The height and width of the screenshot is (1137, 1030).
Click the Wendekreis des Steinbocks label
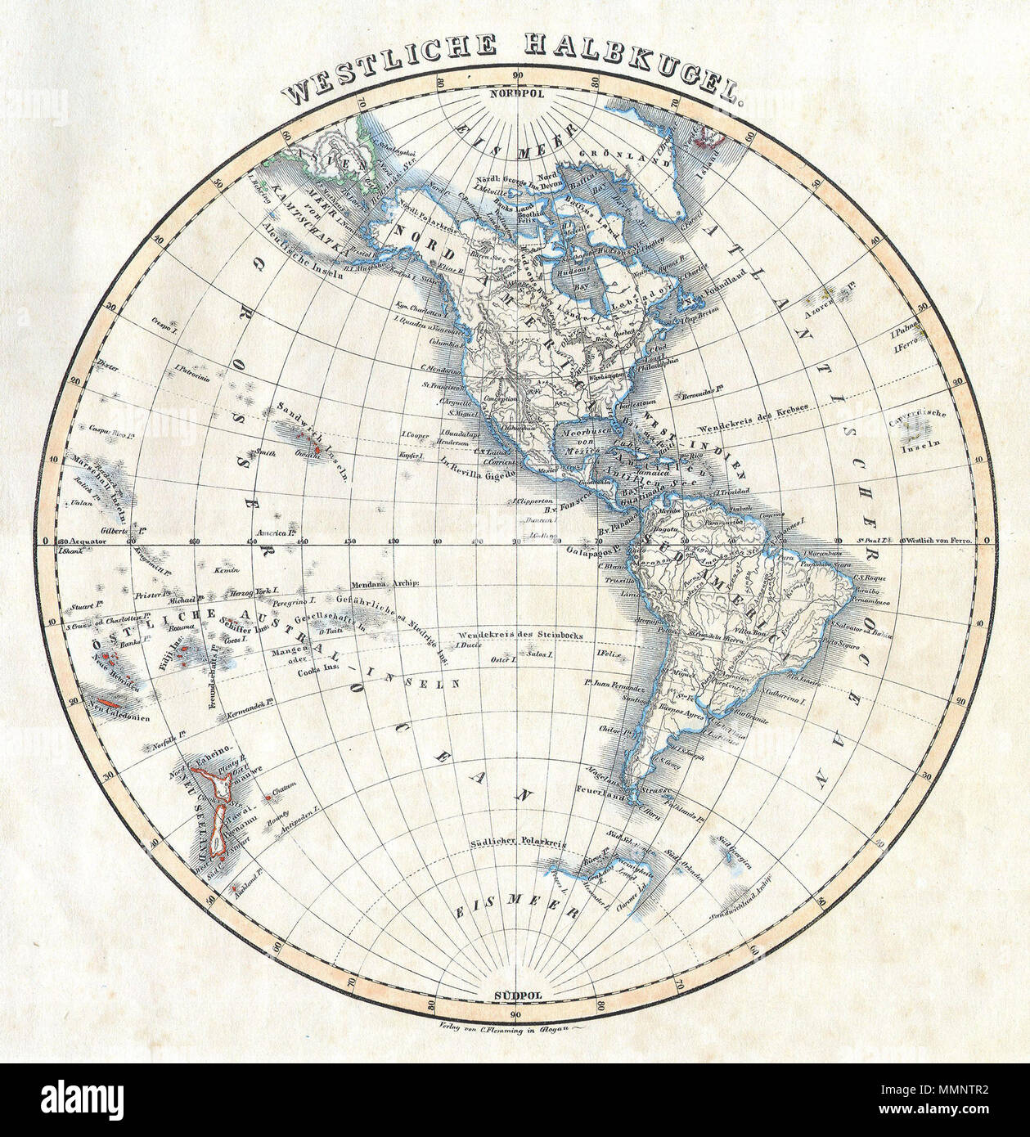pos(513,634)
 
